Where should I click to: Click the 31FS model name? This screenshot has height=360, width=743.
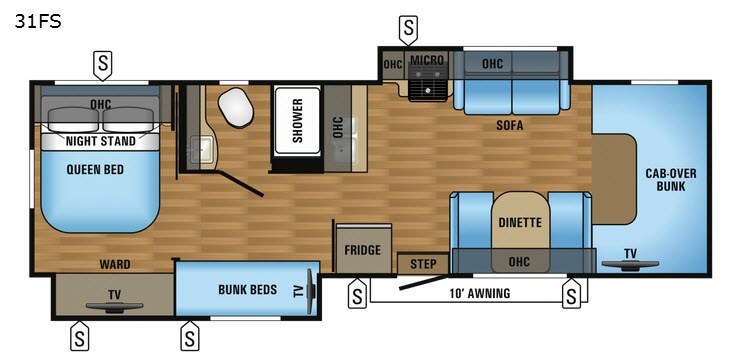coord(38,21)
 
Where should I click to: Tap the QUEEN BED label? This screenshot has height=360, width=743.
coord(95,170)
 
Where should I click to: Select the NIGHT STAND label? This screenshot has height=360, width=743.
coord(100,141)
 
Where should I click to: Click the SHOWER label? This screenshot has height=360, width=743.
coord(297,120)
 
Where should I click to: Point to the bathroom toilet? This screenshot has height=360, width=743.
coord(236,107)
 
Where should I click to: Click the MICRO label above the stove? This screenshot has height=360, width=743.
coord(427,60)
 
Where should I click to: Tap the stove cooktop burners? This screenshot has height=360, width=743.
coord(428,82)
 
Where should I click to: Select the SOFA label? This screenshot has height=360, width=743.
coord(510,126)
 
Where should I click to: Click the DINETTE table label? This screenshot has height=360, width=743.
coord(520,222)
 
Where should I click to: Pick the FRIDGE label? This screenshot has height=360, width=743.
coord(362,250)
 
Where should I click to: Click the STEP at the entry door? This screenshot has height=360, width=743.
coord(423,264)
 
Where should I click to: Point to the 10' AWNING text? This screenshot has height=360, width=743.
coord(480,293)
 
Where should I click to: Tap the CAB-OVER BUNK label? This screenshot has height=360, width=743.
coord(671,180)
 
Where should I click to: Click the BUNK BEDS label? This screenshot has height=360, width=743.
coord(247,289)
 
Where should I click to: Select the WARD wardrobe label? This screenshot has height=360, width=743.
coord(115,264)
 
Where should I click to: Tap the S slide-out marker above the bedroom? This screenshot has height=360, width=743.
coord(102,65)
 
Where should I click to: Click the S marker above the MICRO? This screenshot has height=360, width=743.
coord(408,30)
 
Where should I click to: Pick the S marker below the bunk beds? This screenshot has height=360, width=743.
coord(190,336)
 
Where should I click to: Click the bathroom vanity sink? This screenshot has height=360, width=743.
coord(201,148)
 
